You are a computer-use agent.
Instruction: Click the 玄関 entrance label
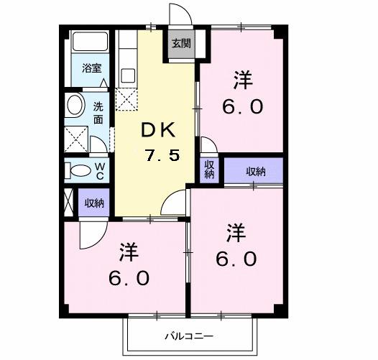point(180,42)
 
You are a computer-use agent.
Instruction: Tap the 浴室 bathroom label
point(91,69)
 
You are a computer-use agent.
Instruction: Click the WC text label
point(101,171)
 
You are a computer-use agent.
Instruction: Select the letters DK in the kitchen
point(158,130)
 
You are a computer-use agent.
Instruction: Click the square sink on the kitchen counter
point(128,74)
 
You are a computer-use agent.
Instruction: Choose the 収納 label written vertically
point(209,170)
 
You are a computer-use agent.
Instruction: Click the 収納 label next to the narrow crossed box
point(94,203)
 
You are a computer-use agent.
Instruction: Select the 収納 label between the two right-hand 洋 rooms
point(255,171)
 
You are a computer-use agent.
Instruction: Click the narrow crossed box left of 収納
point(68,203)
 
